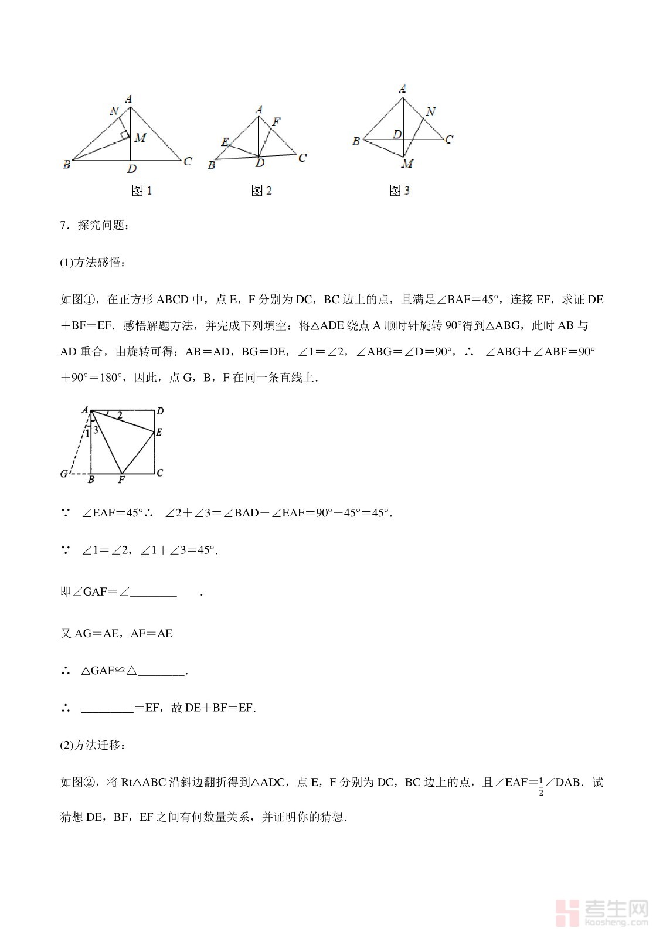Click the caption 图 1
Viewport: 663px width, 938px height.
(x=142, y=191)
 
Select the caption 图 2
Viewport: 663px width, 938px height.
(x=261, y=191)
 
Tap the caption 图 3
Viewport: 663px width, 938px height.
(x=400, y=191)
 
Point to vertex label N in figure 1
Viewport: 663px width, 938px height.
(x=114, y=111)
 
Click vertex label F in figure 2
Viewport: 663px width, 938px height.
(x=276, y=122)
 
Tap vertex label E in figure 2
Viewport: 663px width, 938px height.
(x=225, y=142)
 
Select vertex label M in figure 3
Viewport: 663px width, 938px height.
(x=407, y=164)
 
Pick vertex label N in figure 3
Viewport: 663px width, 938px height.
(x=431, y=111)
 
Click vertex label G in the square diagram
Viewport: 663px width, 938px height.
(x=64, y=474)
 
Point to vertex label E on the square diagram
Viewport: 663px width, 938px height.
(x=159, y=433)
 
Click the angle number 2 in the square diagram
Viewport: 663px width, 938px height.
(x=120, y=416)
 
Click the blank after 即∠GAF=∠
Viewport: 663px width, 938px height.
(x=154, y=593)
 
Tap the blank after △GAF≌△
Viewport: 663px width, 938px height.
(x=161, y=671)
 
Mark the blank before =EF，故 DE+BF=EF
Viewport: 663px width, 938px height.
(x=107, y=708)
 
